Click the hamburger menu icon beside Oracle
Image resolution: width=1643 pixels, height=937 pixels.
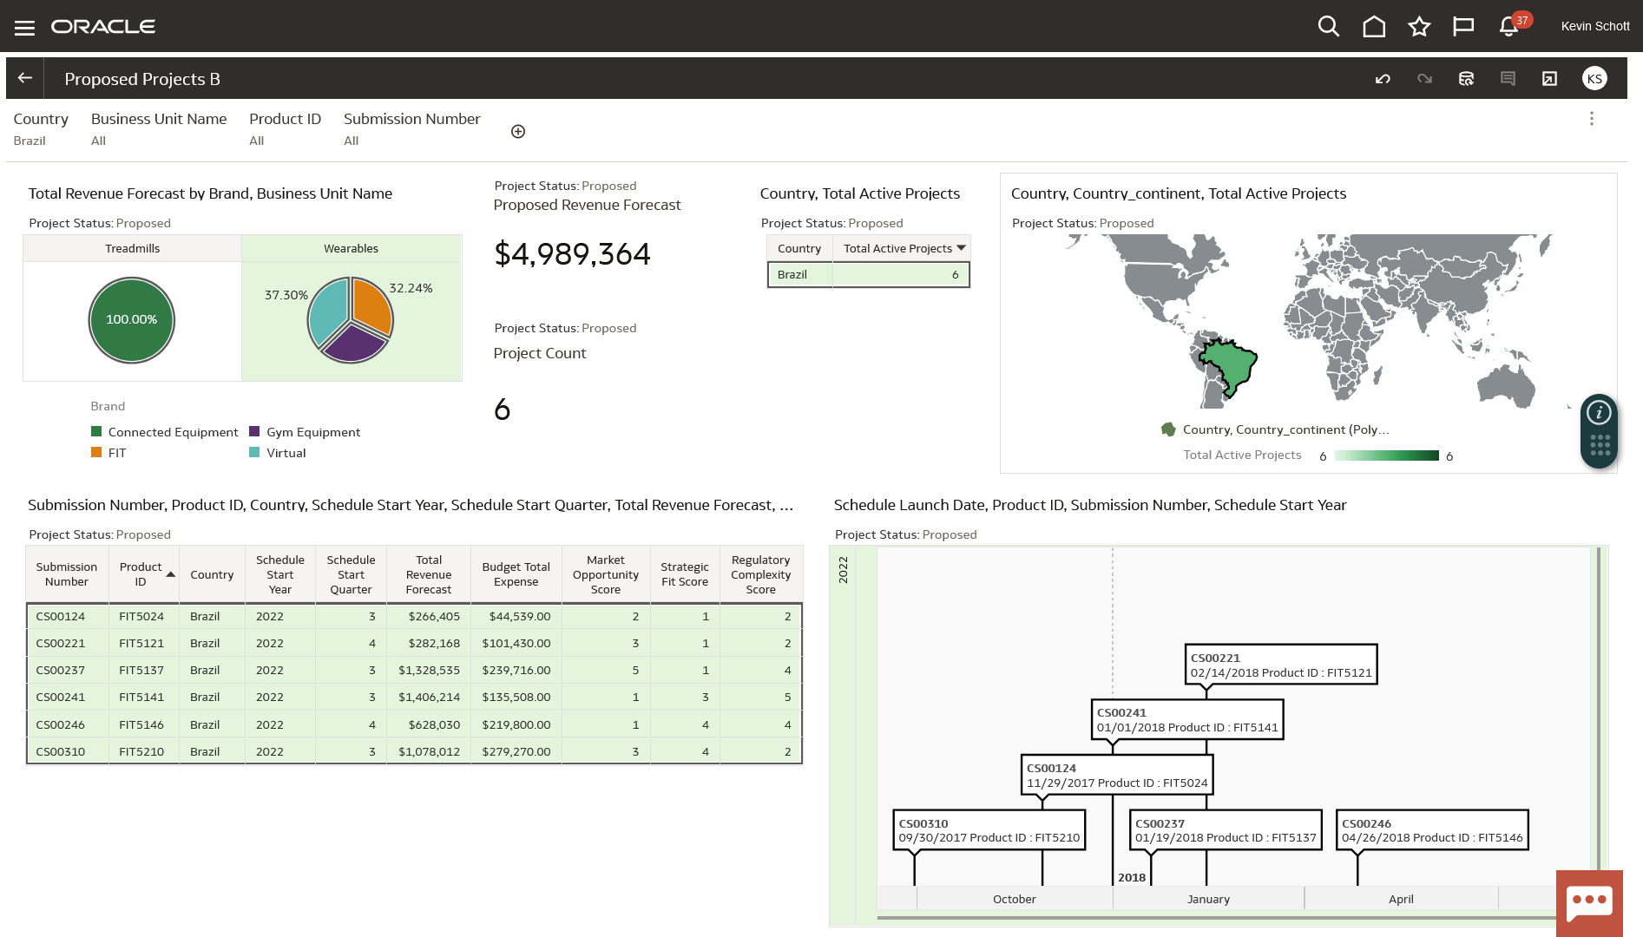click(x=24, y=28)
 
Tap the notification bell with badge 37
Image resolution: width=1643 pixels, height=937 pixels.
click(x=1508, y=27)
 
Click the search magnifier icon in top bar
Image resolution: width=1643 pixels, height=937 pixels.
click(x=1328, y=27)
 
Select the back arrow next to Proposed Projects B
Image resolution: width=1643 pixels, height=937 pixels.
click(x=25, y=78)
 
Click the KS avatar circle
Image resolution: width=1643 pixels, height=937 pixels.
click(x=1594, y=79)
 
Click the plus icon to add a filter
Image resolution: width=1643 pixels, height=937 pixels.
click(x=518, y=132)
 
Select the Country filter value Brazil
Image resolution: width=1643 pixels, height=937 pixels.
click(x=30, y=141)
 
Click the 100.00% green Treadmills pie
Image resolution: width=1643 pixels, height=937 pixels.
click(x=132, y=320)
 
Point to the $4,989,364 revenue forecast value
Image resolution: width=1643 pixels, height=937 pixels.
click(x=572, y=254)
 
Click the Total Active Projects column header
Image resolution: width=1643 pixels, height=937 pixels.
click(x=897, y=248)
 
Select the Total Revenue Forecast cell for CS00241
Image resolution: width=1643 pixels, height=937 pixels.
click(x=429, y=697)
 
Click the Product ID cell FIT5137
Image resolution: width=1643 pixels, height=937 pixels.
click(x=141, y=670)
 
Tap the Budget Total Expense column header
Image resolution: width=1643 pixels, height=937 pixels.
click(x=516, y=574)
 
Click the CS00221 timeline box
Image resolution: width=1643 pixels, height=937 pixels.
click(x=1280, y=665)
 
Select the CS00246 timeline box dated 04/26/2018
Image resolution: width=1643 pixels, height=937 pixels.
click(x=1431, y=830)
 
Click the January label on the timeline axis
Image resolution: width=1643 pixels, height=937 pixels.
click(x=1208, y=899)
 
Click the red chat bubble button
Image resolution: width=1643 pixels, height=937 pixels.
click(x=1588, y=902)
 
